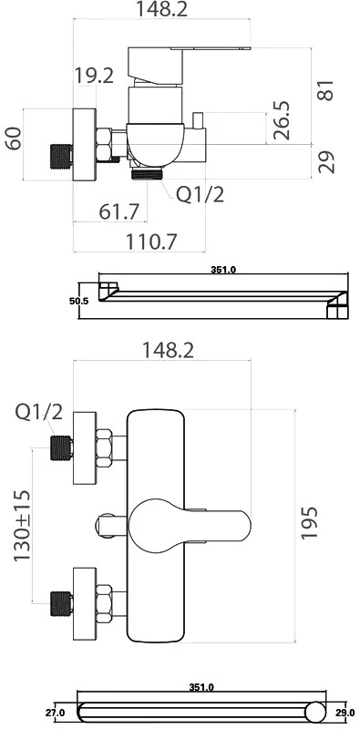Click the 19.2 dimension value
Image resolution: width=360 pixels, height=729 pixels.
click(x=95, y=77)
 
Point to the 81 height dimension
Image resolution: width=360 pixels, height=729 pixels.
click(x=326, y=89)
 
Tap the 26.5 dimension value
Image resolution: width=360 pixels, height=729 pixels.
click(x=281, y=120)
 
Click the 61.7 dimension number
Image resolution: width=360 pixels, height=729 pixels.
click(x=119, y=212)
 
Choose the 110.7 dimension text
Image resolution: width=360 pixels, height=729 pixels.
click(x=151, y=241)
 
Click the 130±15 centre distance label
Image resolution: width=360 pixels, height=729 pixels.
click(x=23, y=526)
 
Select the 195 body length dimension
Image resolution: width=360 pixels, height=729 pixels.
click(x=310, y=522)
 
